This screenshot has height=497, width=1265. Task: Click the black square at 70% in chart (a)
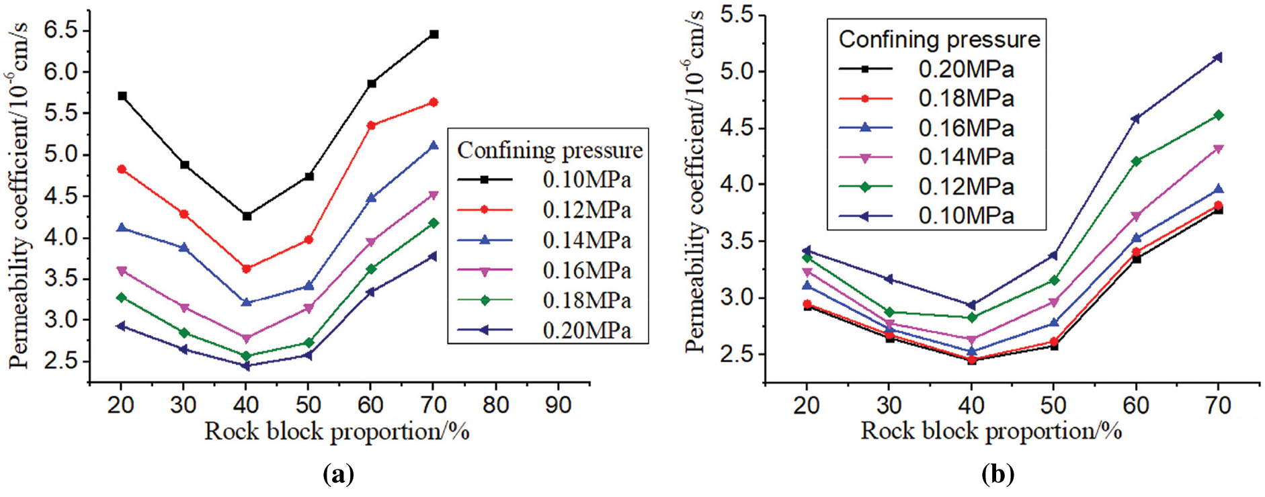click(x=434, y=34)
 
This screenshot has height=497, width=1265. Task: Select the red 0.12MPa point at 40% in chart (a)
click(x=246, y=269)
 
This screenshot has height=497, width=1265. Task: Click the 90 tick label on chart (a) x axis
click(x=557, y=404)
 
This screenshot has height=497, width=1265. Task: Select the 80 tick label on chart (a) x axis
click(x=495, y=404)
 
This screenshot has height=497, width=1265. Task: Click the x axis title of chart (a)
click(x=336, y=431)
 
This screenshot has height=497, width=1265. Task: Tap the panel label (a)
click(x=338, y=475)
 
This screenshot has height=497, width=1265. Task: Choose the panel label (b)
click(x=997, y=475)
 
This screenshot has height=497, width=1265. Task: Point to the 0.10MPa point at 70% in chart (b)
click(x=1217, y=58)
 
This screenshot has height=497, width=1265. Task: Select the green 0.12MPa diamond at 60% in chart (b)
click(x=1136, y=161)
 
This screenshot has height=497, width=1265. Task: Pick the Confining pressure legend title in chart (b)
click(x=939, y=40)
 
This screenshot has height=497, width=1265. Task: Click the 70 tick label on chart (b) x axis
click(x=1217, y=405)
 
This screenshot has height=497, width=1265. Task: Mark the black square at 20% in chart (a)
click(x=122, y=96)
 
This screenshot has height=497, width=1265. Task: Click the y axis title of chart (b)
click(x=694, y=181)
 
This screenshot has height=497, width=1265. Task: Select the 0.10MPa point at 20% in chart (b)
click(x=807, y=251)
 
